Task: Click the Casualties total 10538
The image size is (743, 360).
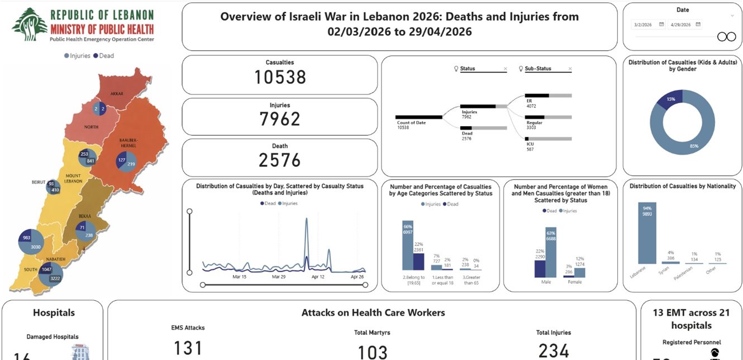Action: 280,77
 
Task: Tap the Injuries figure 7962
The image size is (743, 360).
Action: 280,119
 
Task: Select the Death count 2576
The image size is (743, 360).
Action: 280,160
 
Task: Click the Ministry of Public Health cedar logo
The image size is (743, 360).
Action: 30,24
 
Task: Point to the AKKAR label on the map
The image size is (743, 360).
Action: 117,93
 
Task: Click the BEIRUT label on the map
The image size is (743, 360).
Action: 38,182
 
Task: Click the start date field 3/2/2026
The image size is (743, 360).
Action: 649,25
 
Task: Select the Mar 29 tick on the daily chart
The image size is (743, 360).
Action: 279,277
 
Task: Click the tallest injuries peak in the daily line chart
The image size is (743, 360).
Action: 307,221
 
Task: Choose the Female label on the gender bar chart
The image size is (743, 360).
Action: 574,282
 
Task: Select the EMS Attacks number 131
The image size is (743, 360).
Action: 188,348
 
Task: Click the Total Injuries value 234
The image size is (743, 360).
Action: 554,350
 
